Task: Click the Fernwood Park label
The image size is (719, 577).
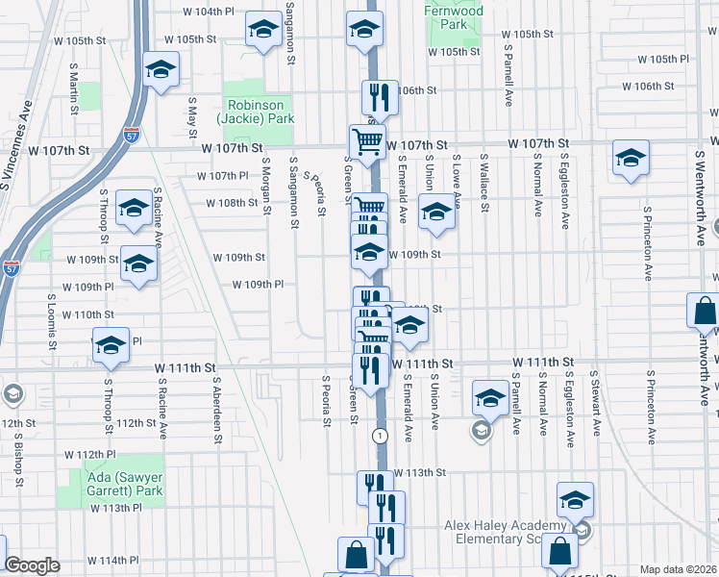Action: coord(453,17)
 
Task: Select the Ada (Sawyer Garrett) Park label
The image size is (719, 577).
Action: coord(110,483)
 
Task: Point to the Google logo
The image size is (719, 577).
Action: coord(32,565)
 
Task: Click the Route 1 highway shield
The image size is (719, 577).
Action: coord(382,436)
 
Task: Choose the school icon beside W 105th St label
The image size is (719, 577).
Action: coord(261,29)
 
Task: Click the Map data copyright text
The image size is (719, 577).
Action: coord(678,569)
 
